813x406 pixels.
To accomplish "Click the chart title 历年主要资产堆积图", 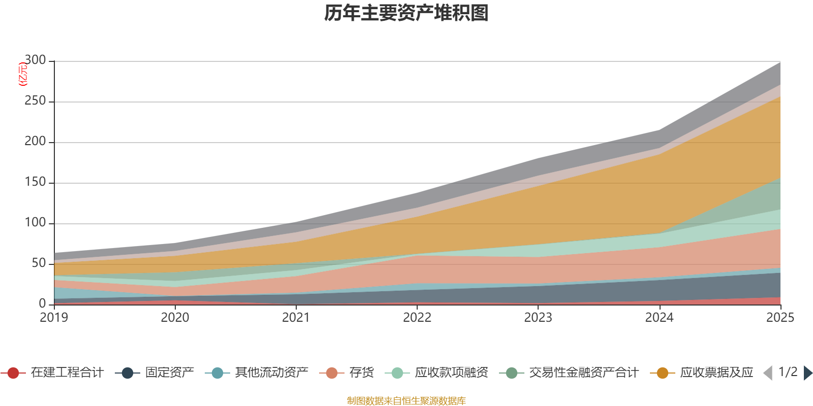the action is pyautogui.click(x=406, y=13).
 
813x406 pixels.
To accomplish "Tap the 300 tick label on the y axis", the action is pyautogui.click(x=35, y=60).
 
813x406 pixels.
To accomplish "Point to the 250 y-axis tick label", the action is pyautogui.click(x=35, y=100).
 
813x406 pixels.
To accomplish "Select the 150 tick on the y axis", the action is pyautogui.click(x=35, y=182).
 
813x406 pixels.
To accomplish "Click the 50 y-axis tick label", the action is pyautogui.click(x=39, y=263).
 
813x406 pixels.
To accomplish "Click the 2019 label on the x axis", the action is pyautogui.click(x=54, y=318).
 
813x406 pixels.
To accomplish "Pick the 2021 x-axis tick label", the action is pyautogui.click(x=296, y=318).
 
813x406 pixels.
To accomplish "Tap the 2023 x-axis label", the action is pyautogui.click(x=538, y=318).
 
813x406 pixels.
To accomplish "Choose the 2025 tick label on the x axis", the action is pyautogui.click(x=780, y=318).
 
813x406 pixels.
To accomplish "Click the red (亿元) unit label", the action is pyautogui.click(x=22, y=74).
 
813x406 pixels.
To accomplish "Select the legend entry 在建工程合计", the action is pyautogui.click(x=52, y=373).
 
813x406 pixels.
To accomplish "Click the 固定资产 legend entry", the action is pyautogui.click(x=154, y=373).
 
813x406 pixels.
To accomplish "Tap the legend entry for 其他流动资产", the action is pyautogui.click(x=257, y=373).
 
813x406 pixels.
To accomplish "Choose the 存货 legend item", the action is pyautogui.click(x=347, y=373).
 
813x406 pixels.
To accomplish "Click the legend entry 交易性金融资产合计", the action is pyautogui.click(x=569, y=373).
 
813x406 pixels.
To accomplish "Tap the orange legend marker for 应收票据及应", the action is pyautogui.click(x=663, y=373).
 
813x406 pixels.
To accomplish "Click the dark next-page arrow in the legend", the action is pyautogui.click(x=808, y=373).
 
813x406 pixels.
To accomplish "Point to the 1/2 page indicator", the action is pyautogui.click(x=788, y=373).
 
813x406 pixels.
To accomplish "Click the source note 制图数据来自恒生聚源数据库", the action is pyautogui.click(x=406, y=400).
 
